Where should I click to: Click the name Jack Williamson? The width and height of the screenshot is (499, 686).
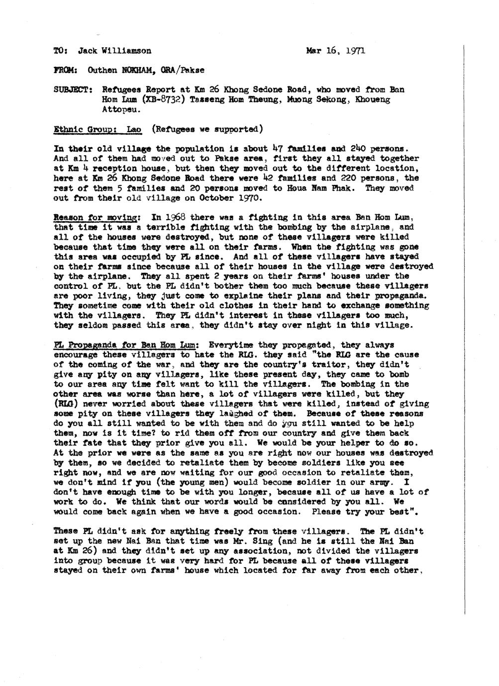coord(115,51)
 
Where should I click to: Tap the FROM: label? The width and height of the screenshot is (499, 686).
coord(63,70)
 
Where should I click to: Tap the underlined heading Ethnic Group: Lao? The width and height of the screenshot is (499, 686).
coord(97,129)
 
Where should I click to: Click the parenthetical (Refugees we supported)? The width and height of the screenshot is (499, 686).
coord(207,129)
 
